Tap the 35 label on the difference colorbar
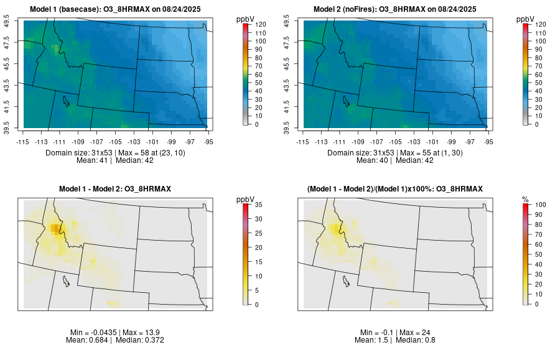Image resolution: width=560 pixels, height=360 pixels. (x=258, y=204)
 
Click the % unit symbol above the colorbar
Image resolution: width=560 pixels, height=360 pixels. (x=525, y=199)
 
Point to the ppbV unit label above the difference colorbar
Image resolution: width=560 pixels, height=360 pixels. (x=246, y=199)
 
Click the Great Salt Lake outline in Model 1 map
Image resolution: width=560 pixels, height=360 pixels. (x=66, y=101)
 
